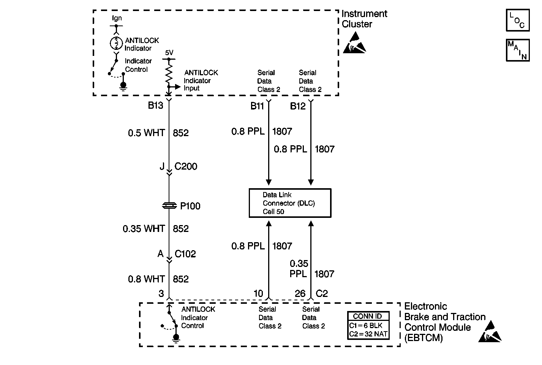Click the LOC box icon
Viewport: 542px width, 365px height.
pos(518,20)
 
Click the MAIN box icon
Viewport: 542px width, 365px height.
pos(518,50)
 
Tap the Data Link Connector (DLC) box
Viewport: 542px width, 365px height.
pos(290,203)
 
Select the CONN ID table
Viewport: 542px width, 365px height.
pos(368,325)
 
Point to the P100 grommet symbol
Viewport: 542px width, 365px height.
pos(169,206)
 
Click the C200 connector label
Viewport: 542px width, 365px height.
pos(186,167)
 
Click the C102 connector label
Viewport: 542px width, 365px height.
pos(185,254)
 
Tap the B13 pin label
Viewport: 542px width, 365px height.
pos(155,105)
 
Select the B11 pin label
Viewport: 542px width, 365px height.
pos(257,106)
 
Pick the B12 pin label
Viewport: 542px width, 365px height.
pos(298,106)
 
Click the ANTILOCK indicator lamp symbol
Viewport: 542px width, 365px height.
pos(116,43)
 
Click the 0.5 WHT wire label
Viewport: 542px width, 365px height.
pos(146,133)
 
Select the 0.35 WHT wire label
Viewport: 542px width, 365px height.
pos(144,229)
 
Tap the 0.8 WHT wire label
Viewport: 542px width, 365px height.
pos(146,279)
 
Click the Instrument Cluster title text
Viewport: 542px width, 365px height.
pos(364,19)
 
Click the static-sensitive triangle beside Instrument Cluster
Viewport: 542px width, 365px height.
pos(355,43)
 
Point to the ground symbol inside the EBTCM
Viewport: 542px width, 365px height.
pos(176,338)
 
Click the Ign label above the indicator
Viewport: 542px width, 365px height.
pos(117,18)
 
